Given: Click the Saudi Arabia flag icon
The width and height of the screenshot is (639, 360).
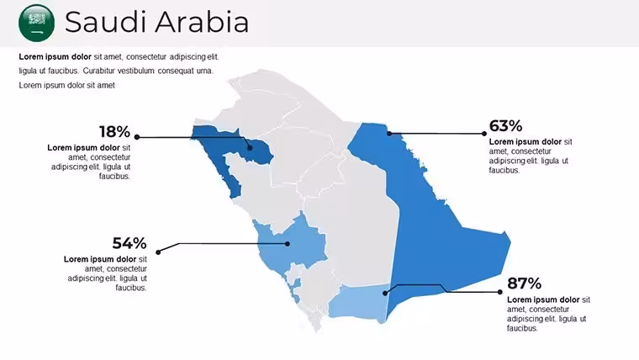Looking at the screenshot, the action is click(x=37, y=23).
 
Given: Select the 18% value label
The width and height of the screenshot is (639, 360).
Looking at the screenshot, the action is click(x=114, y=132).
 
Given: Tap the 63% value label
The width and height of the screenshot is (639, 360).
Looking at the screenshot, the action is click(x=505, y=126).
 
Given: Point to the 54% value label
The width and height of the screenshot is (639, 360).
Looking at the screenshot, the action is click(x=129, y=243).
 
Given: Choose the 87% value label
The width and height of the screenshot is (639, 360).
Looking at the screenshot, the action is click(x=524, y=283).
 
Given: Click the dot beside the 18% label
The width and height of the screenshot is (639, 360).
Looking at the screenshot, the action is click(x=137, y=137).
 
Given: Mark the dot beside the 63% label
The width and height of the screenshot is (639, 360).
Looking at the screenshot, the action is click(x=484, y=134).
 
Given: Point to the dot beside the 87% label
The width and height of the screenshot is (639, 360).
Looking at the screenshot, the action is click(x=500, y=292).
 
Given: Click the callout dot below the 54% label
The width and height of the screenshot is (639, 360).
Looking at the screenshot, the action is click(x=158, y=252).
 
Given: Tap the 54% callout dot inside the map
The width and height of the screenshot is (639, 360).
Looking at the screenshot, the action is click(x=288, y=244).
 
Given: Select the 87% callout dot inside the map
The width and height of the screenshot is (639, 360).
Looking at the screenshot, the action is click(x=385, y=294).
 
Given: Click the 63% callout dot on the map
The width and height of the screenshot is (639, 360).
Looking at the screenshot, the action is click(x=389, y=134).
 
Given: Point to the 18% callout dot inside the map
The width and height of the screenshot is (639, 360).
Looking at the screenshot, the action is click(x=251, y=148).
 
